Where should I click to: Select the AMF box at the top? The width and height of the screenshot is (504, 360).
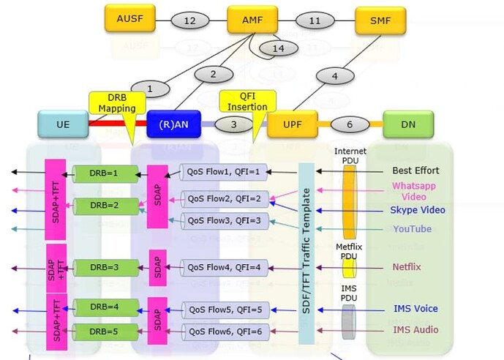[252, 20]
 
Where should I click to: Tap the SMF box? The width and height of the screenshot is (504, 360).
[380, 20]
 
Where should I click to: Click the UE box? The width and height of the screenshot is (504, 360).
[63, 125]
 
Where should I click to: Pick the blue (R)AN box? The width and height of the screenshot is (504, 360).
[173, 125]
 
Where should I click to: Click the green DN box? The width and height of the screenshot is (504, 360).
[407, 125]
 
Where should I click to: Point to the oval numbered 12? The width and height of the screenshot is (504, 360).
[190, 21]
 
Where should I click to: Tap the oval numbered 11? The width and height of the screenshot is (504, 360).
[315, 21]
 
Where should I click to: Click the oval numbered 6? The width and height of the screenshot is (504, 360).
[350, 125]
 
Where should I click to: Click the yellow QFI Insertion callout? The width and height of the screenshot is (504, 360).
[247, 102]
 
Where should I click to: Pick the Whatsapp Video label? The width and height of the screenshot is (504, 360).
[413, 191]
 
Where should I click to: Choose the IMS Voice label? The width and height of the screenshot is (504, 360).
[415, 309]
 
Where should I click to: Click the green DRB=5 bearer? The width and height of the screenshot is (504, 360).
[107, 332]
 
